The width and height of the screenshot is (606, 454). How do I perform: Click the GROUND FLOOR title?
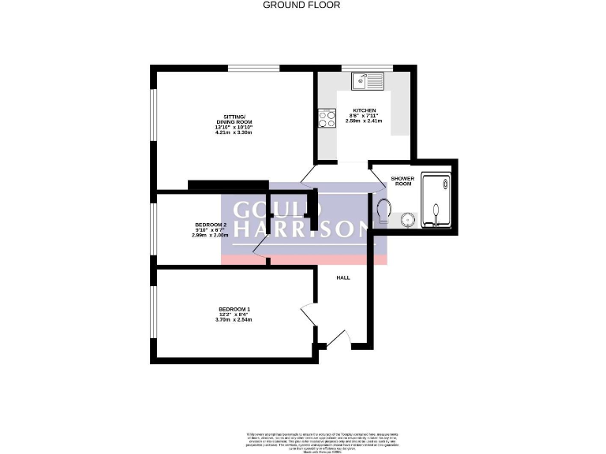[x=302, y=5]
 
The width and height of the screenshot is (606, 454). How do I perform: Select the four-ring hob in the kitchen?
[x=325, y=119]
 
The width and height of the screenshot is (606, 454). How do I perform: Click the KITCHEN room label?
[x=364, y=110]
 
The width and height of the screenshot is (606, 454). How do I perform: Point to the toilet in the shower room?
[x=384, y=211]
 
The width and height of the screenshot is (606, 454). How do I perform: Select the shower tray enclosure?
[x=436, y=203]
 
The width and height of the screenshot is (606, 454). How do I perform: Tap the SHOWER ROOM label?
[x=402, y=181]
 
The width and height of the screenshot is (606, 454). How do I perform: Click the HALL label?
[x=343, y=277]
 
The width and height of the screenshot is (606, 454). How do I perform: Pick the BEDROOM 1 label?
[x=234, y=309]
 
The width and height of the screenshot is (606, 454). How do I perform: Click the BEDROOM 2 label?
[x=211, y=225]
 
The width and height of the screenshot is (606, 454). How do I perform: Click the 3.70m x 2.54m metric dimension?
[x=234, y=320]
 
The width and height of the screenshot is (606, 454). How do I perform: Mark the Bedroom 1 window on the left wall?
[x=153, y=314]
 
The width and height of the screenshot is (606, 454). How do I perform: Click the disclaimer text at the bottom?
[x=303, y=438]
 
